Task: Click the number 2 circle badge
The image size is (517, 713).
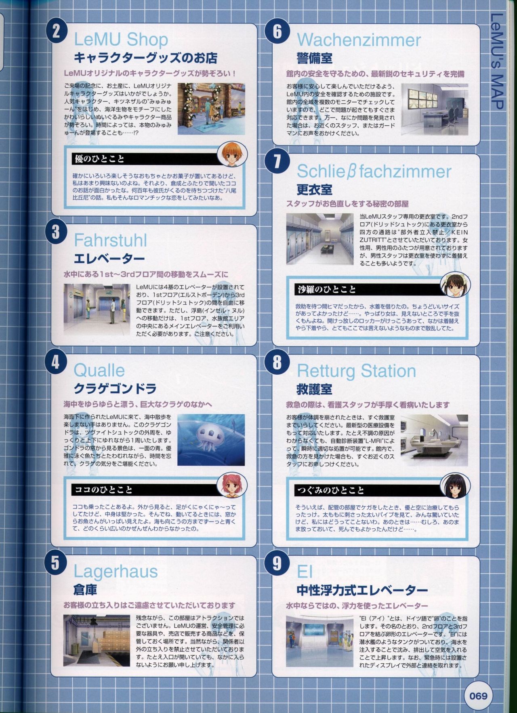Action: pos(55,32)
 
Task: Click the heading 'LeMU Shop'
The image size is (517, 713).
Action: pos(121,40)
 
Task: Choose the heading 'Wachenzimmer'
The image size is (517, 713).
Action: pos(359,40)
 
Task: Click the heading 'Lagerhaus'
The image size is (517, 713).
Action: pos(116,572)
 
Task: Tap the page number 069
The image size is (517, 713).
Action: pos(478,696)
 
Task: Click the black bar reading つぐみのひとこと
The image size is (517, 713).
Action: pos(367,490)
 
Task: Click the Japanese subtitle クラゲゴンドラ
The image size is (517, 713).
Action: pos(115,389)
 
